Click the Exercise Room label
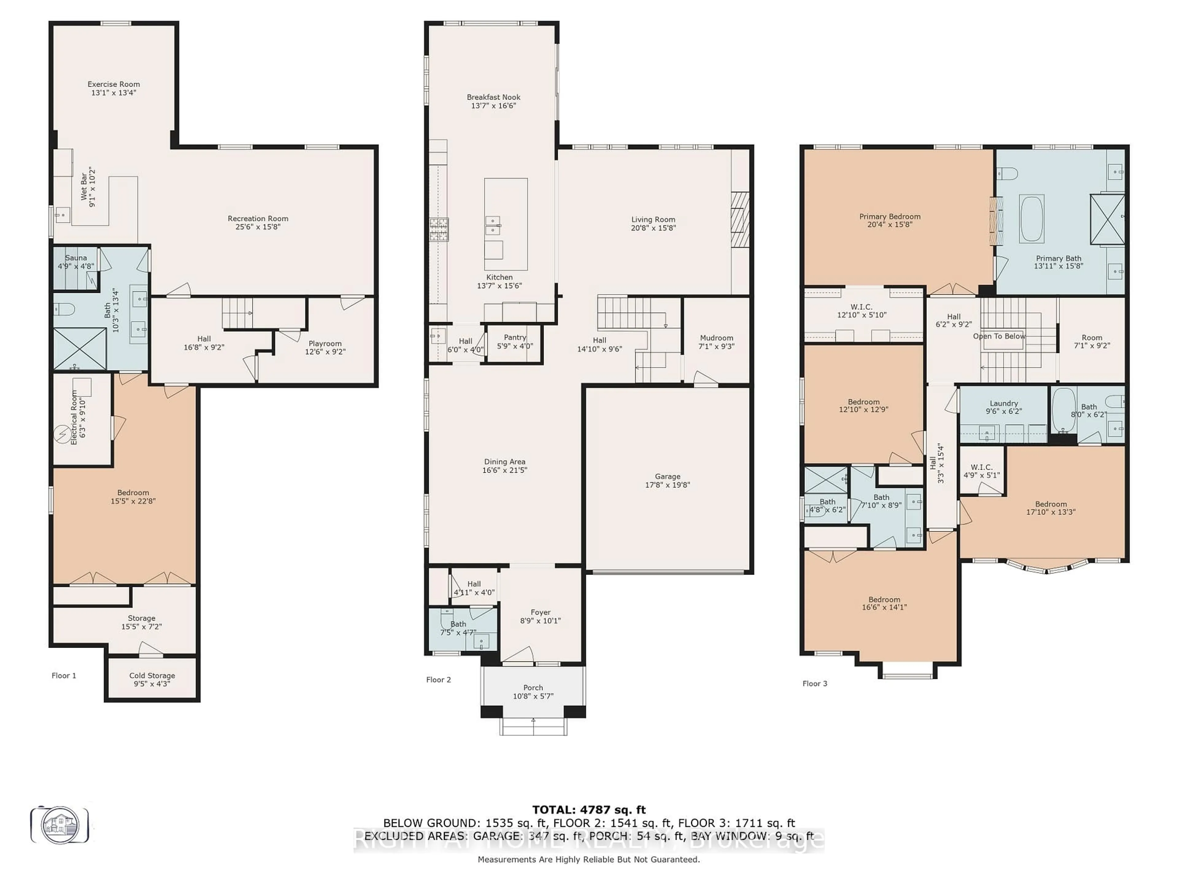114,84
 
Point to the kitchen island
505,224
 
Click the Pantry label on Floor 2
514,337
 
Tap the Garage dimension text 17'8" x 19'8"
667,485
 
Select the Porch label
533,687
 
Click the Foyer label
540,612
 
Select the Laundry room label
1003,403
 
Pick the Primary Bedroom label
889,216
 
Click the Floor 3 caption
814,684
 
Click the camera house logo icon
60,825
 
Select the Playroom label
325,344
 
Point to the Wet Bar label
84,187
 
